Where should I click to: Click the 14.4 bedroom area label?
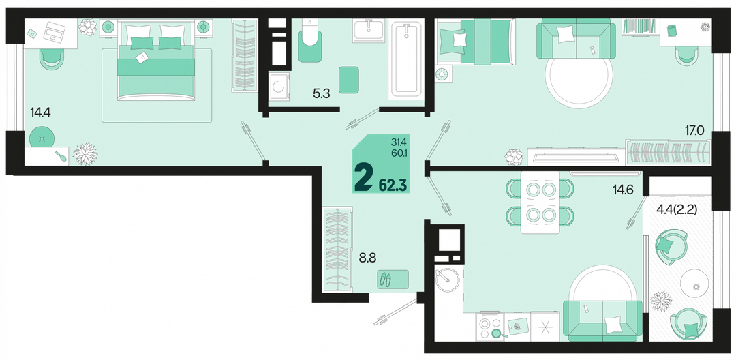pos(40,112)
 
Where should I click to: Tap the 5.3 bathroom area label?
pos(322,93)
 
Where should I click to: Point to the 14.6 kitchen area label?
pos(624,190)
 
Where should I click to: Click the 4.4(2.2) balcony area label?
pos(677,209)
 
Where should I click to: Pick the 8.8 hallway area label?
pos(367,257)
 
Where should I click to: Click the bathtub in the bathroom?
pos(406,59)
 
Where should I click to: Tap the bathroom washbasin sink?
pos(369,31)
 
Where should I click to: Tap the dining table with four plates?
pos(540,202)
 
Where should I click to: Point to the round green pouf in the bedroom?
pos(42,138)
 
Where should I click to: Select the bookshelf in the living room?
pos(639,27)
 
